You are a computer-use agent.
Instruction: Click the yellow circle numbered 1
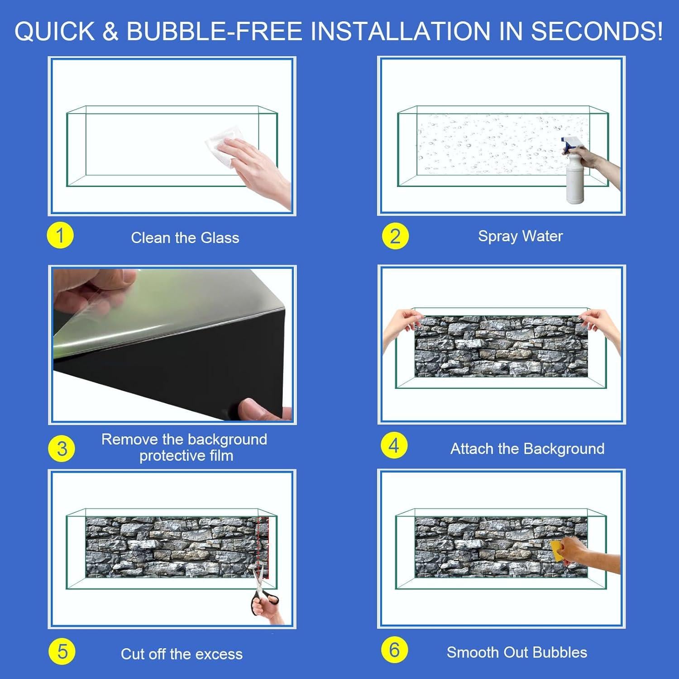pos(60,236)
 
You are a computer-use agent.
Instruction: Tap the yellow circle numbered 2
pos(395,236)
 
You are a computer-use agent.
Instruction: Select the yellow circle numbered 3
pos(62,449)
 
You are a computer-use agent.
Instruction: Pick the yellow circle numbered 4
pos(394,445)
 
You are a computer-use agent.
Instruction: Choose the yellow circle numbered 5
pos(62,652)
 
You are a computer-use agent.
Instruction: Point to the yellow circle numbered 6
pos(394,650)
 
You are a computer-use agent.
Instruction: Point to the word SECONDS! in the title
pos(597,31)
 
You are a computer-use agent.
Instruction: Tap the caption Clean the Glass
pos(185,238)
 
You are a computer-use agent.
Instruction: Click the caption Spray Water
pos(521,236)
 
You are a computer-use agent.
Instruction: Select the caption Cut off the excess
pos(182,654)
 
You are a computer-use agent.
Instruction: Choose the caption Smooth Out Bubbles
pos(517,652)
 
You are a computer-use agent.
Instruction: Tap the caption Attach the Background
pos(527,449)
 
